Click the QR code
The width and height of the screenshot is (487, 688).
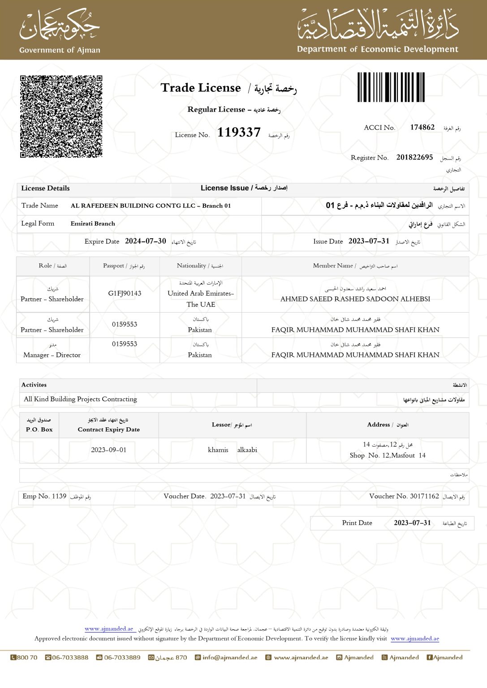(61, 116)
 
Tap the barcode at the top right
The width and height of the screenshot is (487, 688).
(391, 87)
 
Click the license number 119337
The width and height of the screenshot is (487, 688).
(239, 133)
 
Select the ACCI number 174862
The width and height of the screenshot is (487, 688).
(422, 128)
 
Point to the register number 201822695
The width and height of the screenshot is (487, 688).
(414, 158)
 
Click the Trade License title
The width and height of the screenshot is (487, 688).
(201, 88)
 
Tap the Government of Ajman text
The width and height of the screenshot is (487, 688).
(60, 50)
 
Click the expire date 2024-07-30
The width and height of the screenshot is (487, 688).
(146, 241)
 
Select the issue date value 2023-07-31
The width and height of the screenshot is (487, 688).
(369, 241)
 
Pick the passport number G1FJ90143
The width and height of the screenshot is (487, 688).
(125, 293)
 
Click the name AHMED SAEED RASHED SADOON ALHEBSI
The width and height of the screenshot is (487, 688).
(355, 299)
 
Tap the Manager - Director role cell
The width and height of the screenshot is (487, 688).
(52, 355)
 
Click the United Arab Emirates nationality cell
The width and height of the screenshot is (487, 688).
(201, 299)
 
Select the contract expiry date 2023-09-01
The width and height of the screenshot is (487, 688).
(108, 450)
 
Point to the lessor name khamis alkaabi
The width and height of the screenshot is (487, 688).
(232, 450)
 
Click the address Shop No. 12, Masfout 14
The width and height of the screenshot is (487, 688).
(388, 456)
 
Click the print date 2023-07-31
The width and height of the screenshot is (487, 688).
(412, 523)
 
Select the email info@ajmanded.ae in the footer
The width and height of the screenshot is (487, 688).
(229, 658)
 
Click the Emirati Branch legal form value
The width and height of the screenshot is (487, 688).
(93, 224)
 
